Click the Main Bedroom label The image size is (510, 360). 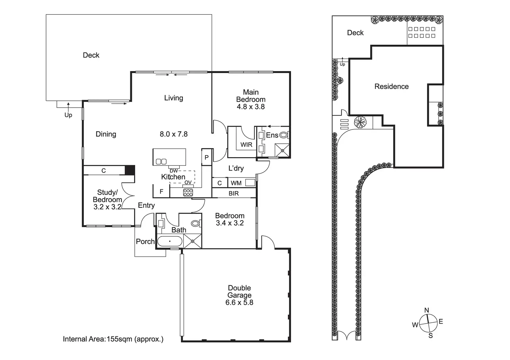pos(251,96)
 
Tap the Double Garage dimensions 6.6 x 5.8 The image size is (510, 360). pos(239,302)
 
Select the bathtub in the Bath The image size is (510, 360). pos(170,241)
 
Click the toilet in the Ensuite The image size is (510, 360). pos(284,135)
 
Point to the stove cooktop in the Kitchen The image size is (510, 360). pos(188,192)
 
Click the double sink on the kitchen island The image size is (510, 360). pos(161,162)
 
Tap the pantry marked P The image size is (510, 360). pos(206,157)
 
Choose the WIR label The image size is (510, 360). pos(246,145)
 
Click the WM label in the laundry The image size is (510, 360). pos(236,183)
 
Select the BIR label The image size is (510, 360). pos(234,193)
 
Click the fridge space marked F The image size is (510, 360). pos(161,191)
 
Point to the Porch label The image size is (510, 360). pos(145,241)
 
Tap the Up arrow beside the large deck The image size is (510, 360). pos(68,107)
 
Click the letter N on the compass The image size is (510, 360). pos(427,310)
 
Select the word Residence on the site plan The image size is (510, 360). pos(392,87)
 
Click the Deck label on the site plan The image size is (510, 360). pos(355,33)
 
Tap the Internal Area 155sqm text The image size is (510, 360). pos(113,339)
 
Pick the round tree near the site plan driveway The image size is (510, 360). pos(360,122)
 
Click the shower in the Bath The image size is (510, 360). pos(193,241)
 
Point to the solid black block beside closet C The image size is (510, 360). pos(130,170)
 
